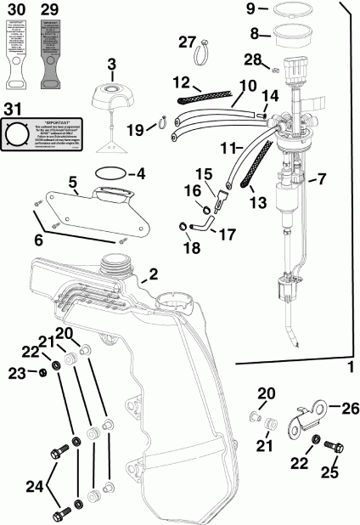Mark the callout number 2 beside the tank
(154, 274)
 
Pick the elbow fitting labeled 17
(199, 223)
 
